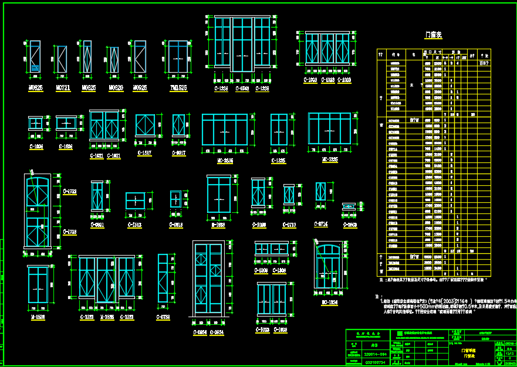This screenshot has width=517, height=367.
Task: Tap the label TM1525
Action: [178, 88]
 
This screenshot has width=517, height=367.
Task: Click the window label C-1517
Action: [144, 153]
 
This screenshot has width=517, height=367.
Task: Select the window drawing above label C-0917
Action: [178, 125]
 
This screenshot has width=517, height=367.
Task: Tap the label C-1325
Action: [279, 160]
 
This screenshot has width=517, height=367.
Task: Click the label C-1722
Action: [69, 192]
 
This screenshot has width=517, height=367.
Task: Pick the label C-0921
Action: [97, 225]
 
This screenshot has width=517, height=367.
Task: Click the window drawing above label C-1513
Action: [136, 200]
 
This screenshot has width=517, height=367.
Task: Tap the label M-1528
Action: [38, 317]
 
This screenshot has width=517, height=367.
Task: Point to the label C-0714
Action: [320, 224]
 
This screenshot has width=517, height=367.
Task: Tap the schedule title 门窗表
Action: [434, 35]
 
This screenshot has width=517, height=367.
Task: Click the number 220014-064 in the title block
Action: [376, 355]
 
